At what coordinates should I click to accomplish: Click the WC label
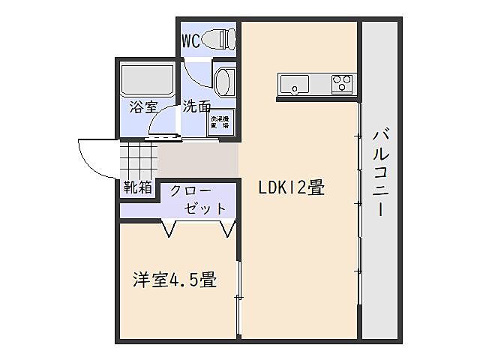pyautogui.click(x=190, y=40)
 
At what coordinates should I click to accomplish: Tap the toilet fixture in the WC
pyautogui.click(x=222, y=36)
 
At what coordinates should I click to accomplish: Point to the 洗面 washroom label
pyautogui.click(x=196, y=106)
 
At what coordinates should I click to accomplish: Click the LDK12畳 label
pyautogui.click(x=292, y=188)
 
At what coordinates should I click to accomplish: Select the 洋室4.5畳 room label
pyautogui.click(x=175, y=281)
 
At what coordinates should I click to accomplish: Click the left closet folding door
pyautogui.click(x=170, y=227)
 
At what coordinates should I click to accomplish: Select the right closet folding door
pyautogui.click(x=226, y=227)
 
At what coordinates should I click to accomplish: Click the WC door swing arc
pyautogui.click(x=196, y=75)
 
